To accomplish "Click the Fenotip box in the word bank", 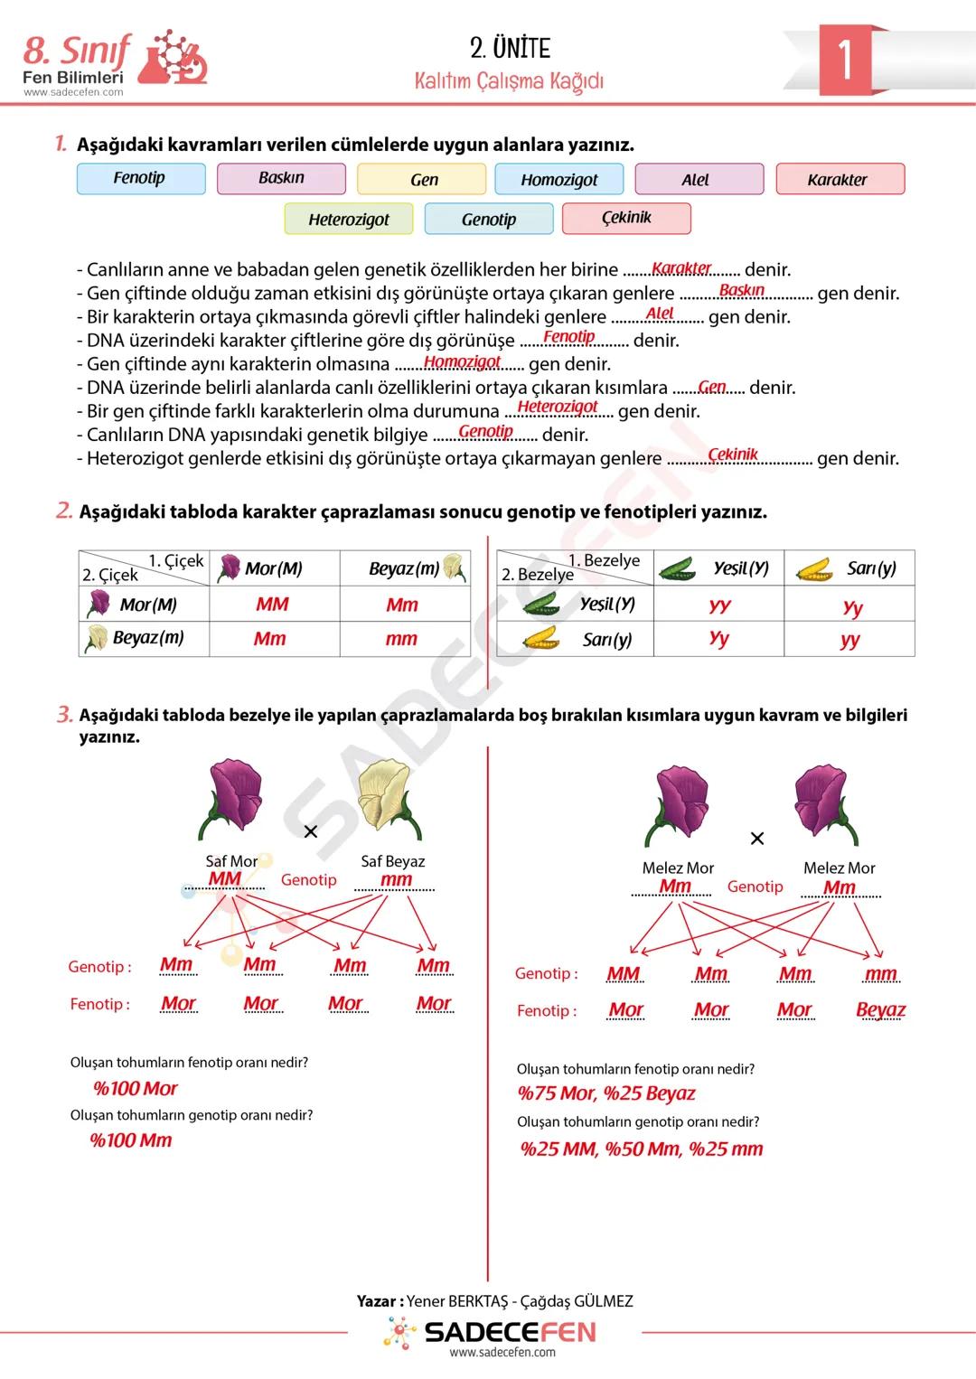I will click(x=141, y=178).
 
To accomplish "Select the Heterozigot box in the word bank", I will click(x=349, y=219).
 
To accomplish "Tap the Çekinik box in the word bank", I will click(x=626, y=218).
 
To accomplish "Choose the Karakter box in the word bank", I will click(x=840, y=179).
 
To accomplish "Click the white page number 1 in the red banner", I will click(x=844, y=60).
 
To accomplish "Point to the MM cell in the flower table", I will click(x=273, y=604).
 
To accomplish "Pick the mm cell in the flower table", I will click(x=402, y=639).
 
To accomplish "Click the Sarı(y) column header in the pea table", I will click(x=849, y=568).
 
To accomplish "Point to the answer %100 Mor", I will click(x=136, y=1088).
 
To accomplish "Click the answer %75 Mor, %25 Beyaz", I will click(x=606, y=1093).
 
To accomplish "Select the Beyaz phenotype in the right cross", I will click(x=880, y=1009).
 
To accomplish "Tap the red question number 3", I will click(x=64, y=716).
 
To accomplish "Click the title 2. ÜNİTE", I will click(x=510, y=48).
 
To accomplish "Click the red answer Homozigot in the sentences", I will click(x=462, y=361).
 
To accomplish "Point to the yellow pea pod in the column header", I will click(x=815, y=569).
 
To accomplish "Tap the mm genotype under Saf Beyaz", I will click(x=396, y=879).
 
